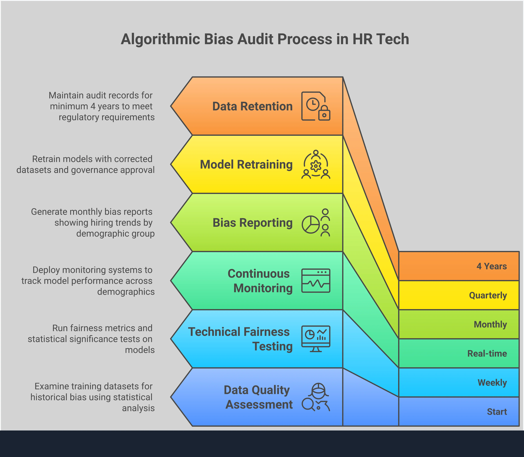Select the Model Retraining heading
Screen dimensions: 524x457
point(246,165)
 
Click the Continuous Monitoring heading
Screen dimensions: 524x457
point(260,281)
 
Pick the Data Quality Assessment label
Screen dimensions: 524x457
point(258,397)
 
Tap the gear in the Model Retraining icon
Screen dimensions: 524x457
point(316,166)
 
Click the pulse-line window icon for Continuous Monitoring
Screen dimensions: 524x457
point(316,280)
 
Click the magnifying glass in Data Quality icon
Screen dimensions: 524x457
point(308,404)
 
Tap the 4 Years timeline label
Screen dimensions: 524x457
point(491,266)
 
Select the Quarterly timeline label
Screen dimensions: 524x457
point(488,295)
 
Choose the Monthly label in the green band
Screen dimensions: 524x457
point(490,324)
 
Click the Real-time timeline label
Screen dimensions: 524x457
point(487,354)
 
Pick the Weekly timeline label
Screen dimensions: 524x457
point(492,383)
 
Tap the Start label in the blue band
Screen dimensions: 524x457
point(497,412)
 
